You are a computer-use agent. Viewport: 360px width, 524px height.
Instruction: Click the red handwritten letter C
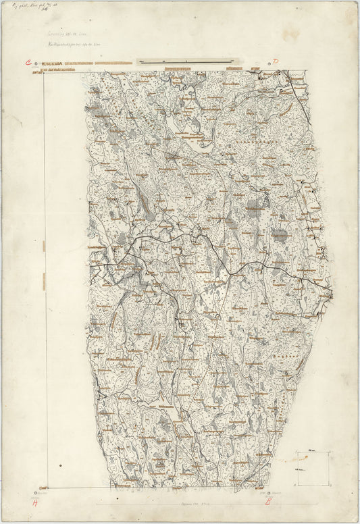point(28,63)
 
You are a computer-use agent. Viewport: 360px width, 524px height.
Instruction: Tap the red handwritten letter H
point(35,502)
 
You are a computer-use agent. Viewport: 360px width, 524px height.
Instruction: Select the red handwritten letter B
point(267,502)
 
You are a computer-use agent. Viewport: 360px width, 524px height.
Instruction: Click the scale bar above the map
point(178,61)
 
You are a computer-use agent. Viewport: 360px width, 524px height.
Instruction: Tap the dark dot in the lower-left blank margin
point(60,466)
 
